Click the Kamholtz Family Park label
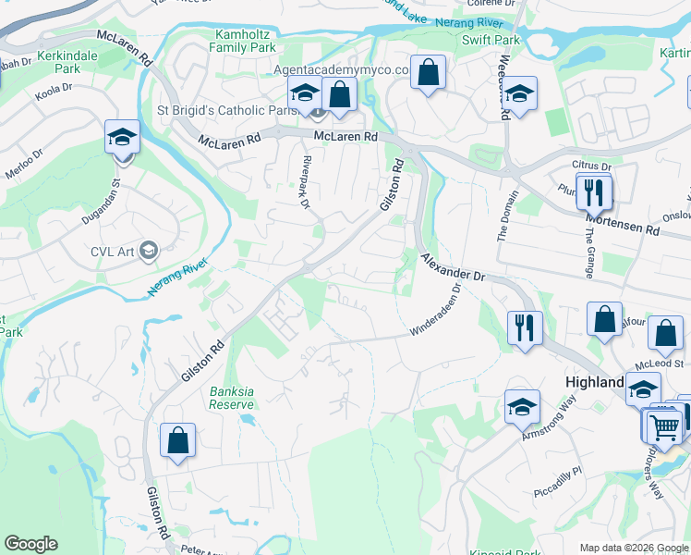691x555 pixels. click(242, 40)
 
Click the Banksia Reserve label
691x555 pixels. click(231, 398)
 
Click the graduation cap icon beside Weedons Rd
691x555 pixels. click(521, 94)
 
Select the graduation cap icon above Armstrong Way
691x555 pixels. click(522, 407)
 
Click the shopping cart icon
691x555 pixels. click(663, 425)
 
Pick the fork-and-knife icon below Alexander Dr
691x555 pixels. click(522, 327)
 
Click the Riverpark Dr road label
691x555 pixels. click(305, 182)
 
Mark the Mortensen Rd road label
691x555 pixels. click(625, 223)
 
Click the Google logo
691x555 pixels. click(30, 544)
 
